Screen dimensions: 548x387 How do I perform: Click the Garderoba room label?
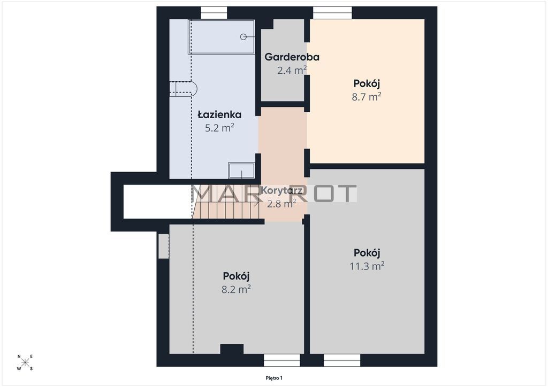(x=292, y=57)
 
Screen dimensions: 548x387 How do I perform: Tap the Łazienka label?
(x=219, y=114)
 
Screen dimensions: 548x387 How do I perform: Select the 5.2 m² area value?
(x=219, y=128)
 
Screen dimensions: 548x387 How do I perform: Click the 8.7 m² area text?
(x=366, y=97)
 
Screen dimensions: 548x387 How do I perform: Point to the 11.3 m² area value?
(x=367, y=266)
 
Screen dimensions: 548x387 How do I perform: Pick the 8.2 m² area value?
(x=236, y=289)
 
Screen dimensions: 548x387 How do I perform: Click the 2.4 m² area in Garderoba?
(x=292, y=70)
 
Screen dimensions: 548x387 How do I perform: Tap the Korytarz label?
(x=281, y=190)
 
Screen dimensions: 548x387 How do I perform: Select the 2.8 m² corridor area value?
(x=281, y=203)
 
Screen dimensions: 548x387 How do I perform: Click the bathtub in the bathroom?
(x=222, y=37)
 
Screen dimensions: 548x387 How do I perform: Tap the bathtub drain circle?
(x=243, y=37)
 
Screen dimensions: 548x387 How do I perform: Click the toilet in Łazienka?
(x=184, y=89)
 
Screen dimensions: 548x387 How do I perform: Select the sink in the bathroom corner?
(x=241, y=171)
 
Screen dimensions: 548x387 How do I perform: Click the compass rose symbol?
(x=25, y=362)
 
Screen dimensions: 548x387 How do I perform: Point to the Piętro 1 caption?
(x=274, y=378)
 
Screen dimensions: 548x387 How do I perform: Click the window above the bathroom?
(x=214, y=13)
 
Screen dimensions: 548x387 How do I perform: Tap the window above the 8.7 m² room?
(x=332, y=13)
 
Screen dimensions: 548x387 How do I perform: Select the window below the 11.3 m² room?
(x=342, y=360)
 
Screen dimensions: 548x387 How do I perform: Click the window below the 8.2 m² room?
(x=281, y=360)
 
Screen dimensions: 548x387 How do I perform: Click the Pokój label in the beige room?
(x=366, y=84)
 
